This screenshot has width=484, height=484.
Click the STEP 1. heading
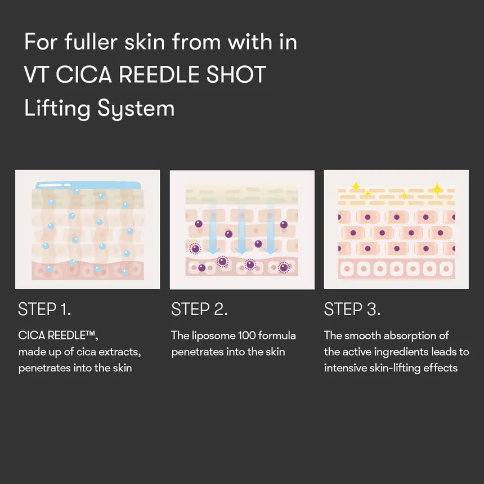tap(44, 309)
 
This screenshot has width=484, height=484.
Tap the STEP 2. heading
tap(199, 309)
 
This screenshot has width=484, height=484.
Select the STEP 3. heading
tap(352, 309)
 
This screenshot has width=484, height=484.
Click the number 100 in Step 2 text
tap(245, 336)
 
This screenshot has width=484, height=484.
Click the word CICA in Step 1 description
tap(31, 336)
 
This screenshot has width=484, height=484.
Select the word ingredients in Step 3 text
tap(405, 352)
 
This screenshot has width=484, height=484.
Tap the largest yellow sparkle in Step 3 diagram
tap(437, 189)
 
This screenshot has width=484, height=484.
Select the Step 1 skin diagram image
tap(87, 230)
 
